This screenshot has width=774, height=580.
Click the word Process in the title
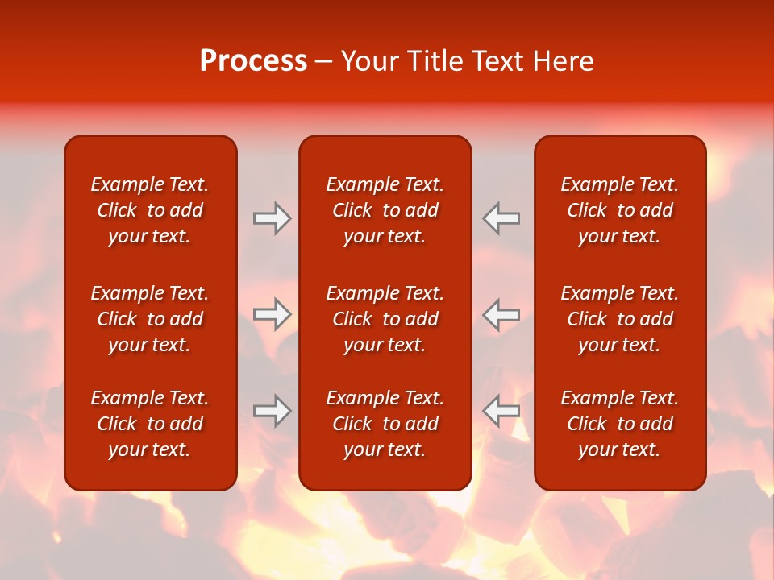click(253, 61)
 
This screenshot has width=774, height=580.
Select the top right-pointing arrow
click(272, 218)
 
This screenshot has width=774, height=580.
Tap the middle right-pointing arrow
click(272, 314)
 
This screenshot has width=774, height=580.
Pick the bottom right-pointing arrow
click(272, 411)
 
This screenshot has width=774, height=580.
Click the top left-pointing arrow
click(501, 218)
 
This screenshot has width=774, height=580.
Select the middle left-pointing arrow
click(501, 314)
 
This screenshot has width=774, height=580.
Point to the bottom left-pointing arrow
click(501, 411)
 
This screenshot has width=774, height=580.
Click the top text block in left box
click(150, 210)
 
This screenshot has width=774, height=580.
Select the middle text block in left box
click(150, 319)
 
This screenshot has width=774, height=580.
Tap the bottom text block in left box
click(150, 424)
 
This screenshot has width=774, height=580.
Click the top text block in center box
click(385, 210)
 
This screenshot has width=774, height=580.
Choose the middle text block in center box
click(385, 319)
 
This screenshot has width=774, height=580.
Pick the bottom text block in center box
click(385, 424)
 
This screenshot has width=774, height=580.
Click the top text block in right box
click(620, 210)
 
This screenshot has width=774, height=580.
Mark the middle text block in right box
click(620, 319)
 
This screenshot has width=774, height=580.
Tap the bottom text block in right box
click(620, 424)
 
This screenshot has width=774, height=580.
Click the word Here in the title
click(564, 61)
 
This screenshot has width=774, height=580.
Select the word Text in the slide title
click(499, 61)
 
